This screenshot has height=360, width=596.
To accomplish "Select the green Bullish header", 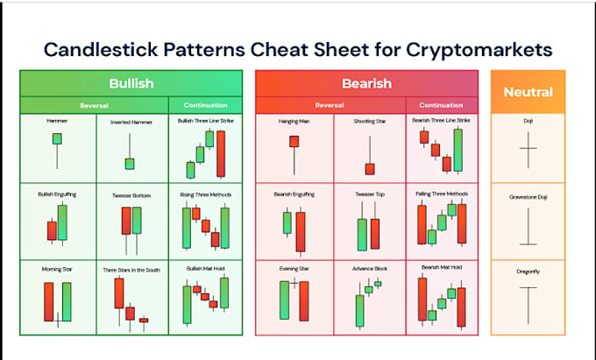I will tap(131, 84).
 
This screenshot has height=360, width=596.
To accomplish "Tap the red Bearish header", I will tap(366, 84).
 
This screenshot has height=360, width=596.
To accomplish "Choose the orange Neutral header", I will tap(528, 91).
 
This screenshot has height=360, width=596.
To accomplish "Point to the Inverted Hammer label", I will tap(130, 121).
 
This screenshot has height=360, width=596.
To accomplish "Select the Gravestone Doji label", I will tap(528, 196).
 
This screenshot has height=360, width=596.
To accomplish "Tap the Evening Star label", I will tap(294, 270).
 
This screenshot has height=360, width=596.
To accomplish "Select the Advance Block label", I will tap(369, 270).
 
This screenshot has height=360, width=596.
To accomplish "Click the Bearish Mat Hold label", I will tap(441, 266).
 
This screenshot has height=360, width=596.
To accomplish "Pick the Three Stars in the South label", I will tap(131, 270).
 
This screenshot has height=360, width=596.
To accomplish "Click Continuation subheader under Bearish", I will tap(441, 105).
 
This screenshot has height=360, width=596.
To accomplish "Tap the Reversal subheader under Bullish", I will tap(94, 105).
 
